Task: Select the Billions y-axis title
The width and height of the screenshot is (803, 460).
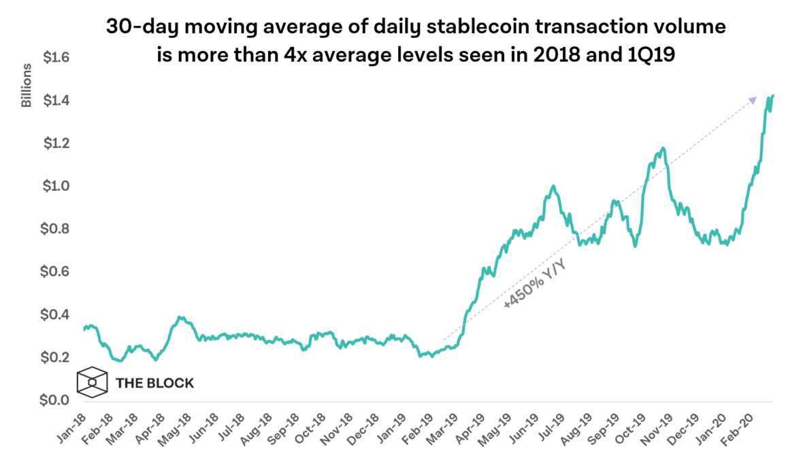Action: (27, 86)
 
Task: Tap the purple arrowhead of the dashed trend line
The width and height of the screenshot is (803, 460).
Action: (752, 100)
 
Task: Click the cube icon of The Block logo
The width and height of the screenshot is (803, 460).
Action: (91, 383)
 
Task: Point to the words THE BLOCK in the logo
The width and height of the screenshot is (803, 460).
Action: (154, 383)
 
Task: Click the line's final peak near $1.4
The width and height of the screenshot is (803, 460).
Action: (773, 96)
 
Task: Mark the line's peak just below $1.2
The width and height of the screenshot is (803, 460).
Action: (662, 148)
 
